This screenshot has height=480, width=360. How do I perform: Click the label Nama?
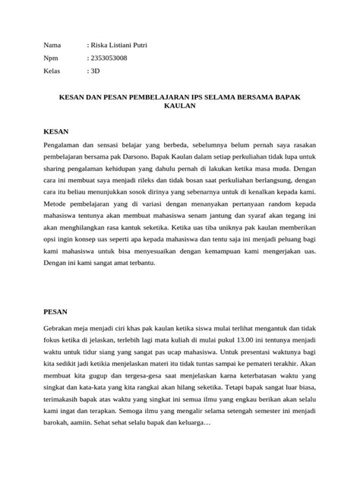point(53,46)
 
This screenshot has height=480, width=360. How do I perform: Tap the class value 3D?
point(96,71)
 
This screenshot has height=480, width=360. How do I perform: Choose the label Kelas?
point(54,71)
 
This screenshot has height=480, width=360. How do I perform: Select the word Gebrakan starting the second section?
point(61,330)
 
